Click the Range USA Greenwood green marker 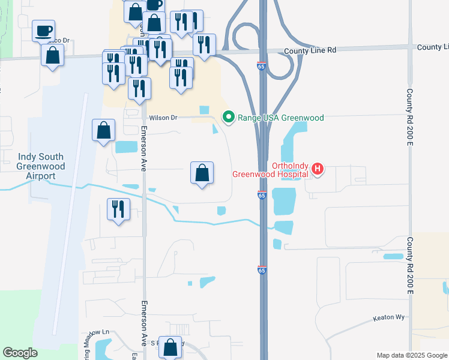pos(228,117)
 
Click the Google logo pos(20,353)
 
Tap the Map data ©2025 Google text pos(411,355)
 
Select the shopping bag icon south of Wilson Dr pos(202,173)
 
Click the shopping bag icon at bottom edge pos(171,347)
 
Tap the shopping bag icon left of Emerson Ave pos(103,130)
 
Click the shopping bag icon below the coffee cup pos(53,55)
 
